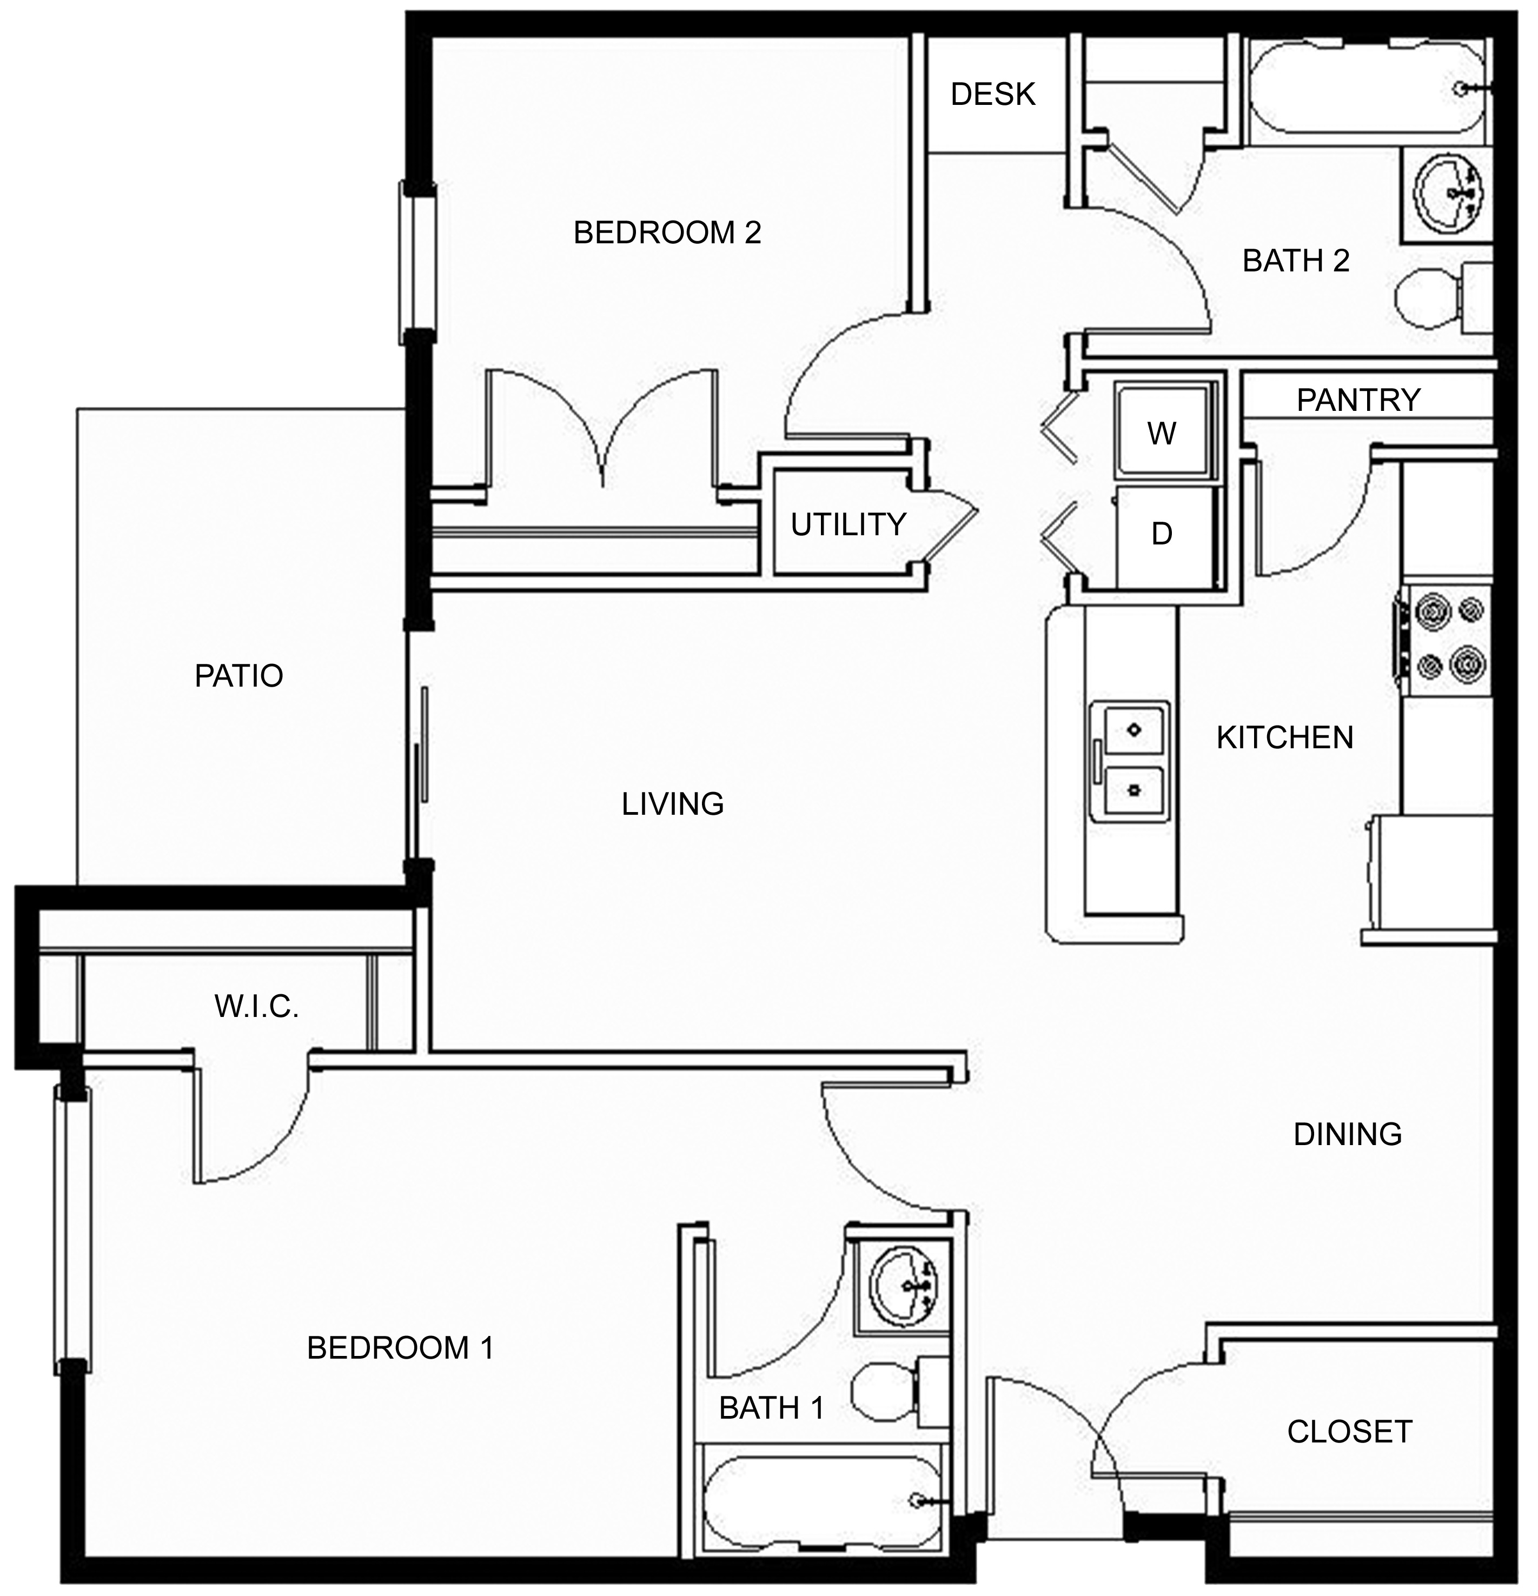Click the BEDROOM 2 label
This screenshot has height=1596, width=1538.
pos(667,233)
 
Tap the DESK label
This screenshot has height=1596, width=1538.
pos(993,95)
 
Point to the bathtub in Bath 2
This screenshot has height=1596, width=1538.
pos(1369,90)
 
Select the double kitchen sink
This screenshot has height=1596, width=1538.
pos(1132,761)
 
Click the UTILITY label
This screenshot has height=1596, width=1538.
pos(848,525)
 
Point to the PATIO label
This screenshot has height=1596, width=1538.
pos(238,676)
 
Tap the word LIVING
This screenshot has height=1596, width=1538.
pos(672,804)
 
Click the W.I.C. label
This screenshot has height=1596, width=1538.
pos(257,1007)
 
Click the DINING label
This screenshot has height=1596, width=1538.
pos(1348,1134)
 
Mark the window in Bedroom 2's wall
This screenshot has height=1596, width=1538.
pos(417,262)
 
